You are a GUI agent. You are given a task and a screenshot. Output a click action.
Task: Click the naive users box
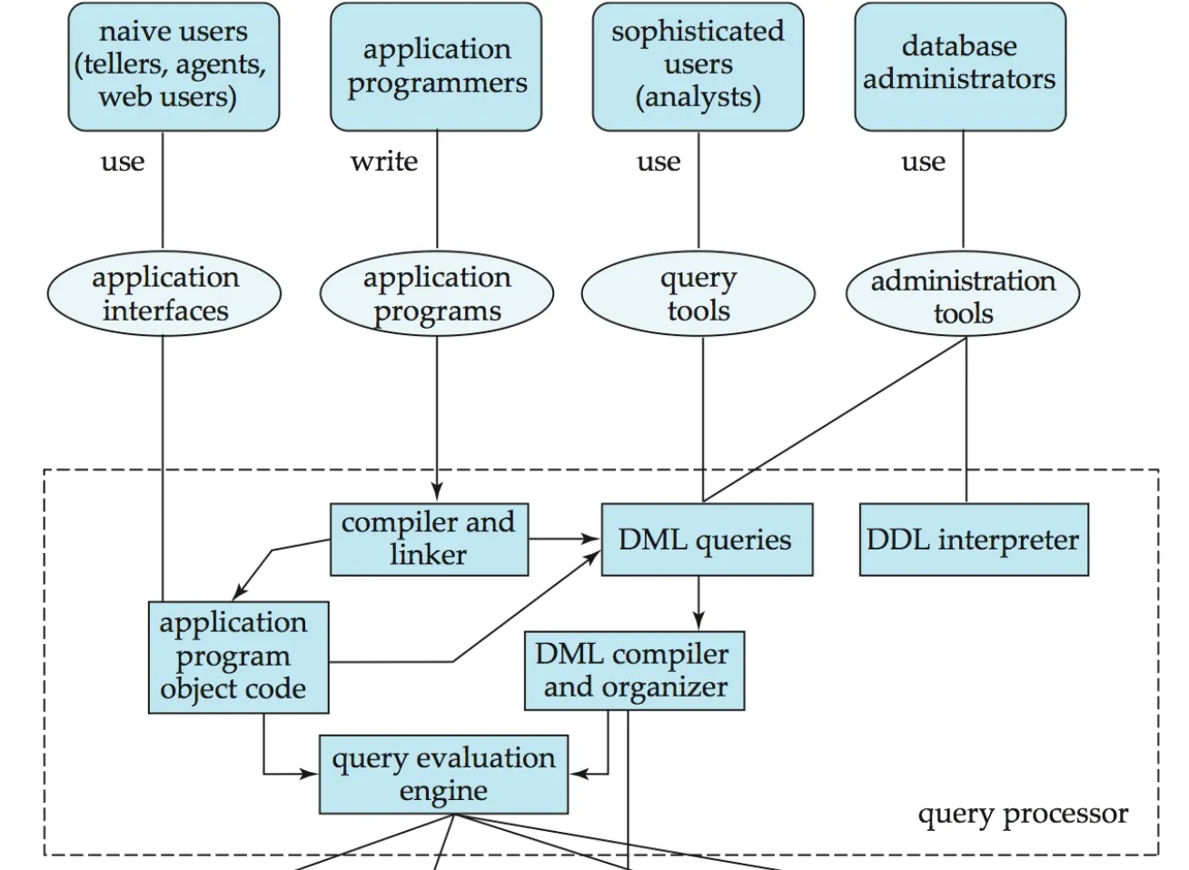173,66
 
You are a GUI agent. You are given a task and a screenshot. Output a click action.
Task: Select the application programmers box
436,66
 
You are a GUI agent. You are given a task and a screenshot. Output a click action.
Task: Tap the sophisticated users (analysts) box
698,66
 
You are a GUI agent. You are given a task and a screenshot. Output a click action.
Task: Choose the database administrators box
959,66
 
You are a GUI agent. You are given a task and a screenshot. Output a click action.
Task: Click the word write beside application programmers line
384,162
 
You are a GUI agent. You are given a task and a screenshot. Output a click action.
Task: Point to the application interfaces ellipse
164,293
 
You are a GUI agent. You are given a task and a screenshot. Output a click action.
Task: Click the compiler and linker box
429,539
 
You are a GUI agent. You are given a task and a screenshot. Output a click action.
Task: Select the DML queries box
706,539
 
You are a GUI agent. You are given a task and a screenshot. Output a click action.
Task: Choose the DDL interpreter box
973,539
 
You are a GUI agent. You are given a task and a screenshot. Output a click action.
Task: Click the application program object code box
238,656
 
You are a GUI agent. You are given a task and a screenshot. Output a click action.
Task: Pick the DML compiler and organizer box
634,670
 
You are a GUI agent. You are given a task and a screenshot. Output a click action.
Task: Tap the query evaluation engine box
443,774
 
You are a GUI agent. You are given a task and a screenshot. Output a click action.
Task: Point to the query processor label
1023,814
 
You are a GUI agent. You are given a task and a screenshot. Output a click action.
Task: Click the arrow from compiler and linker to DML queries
564,539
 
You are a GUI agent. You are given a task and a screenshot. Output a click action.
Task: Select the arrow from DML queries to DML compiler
699,603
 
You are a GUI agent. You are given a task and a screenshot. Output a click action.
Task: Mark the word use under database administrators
923,162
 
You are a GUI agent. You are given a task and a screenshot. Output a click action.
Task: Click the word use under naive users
123,162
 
